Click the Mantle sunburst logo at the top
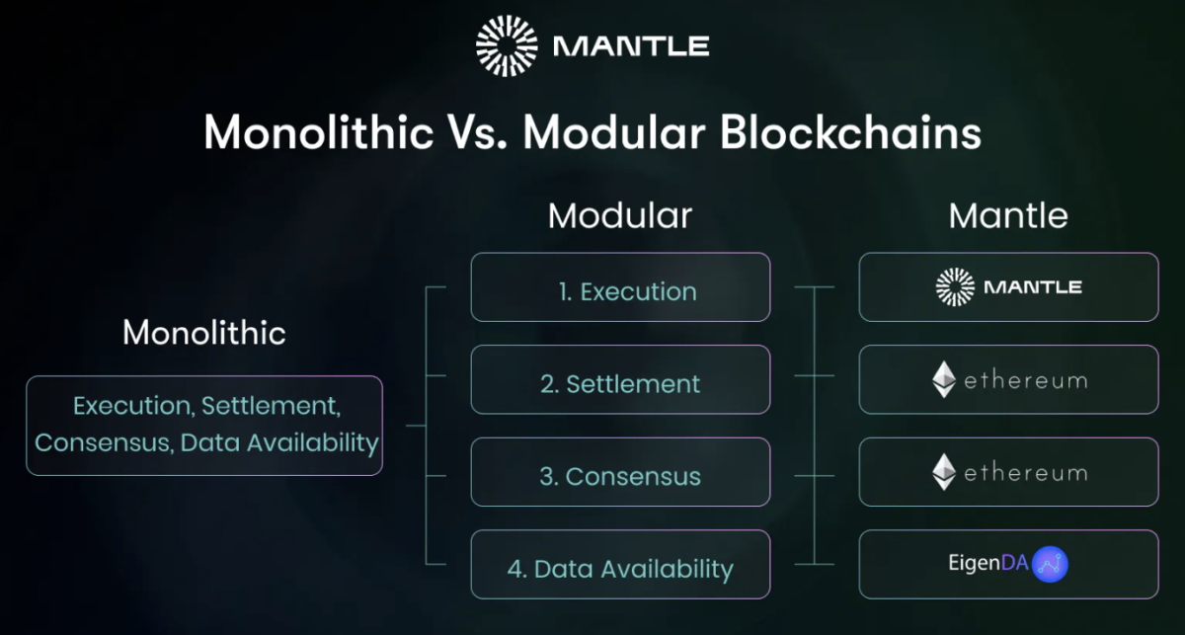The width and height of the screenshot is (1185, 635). (507, 45)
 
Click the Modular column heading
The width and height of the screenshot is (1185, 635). (620, 215)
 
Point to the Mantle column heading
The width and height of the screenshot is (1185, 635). (1008, 215)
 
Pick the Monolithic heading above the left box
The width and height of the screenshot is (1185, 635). (204, 333)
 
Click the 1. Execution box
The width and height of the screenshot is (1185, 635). (620, 287)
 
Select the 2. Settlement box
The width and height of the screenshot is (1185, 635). (620, 380)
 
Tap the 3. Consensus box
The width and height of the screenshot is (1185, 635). (620, 473)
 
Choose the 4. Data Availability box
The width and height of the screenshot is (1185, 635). (620, 565)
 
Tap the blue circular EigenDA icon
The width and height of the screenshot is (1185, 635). (1049, 565)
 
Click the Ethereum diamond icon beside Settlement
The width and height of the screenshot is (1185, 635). (944, 380)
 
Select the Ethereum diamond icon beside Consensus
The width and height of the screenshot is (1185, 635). (944, 473)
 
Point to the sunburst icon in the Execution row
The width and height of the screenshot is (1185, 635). (955, 287)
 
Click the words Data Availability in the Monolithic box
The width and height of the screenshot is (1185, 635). (279, 442)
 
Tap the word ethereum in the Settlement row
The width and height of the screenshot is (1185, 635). (1025, 380)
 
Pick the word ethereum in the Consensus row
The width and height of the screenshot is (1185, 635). (1025, 473)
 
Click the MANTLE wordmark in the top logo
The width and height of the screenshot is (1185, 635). (632, 45)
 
